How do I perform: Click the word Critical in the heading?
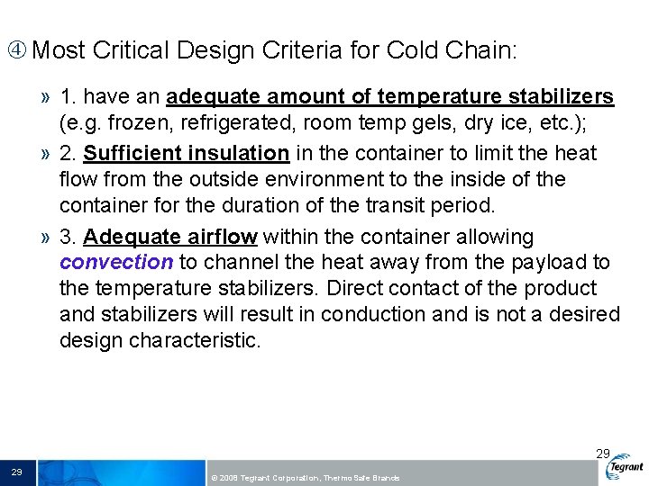[129, 50]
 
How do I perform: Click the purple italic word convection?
[116, 263]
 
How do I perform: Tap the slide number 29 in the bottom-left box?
[16, 472]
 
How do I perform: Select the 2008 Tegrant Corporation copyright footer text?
[304, 477]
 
